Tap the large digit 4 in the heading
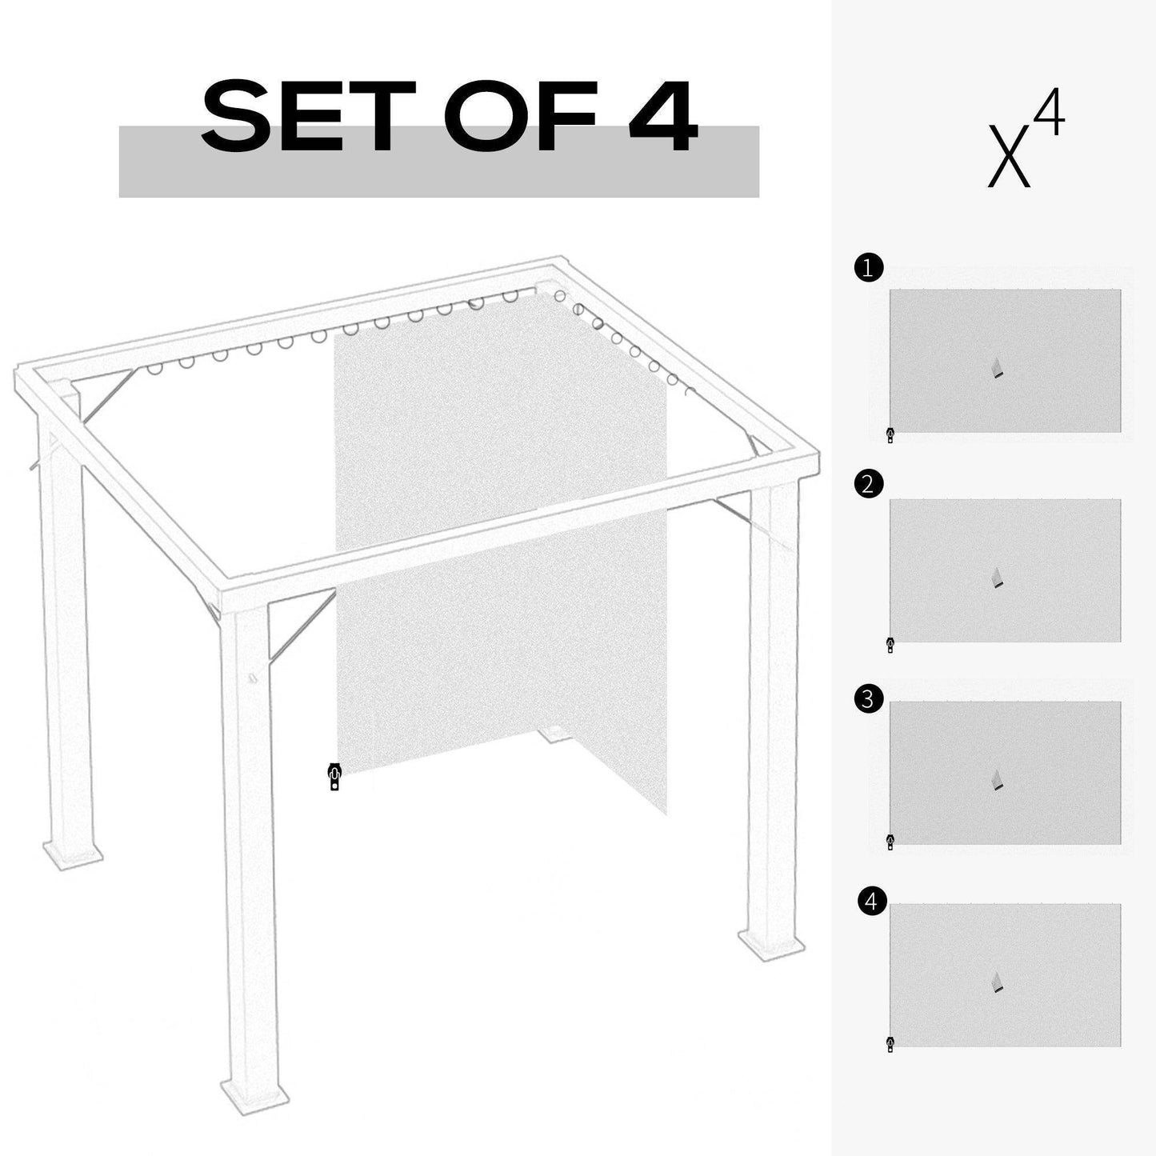click(661, 117)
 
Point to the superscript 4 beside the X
click(1049, 114)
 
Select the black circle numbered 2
click(869, 484)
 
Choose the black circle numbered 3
click(869, 699)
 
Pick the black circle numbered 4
click(871, 902)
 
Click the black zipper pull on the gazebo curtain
click(334, 776)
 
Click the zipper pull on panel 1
click(890, 435)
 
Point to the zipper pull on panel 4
click(890, 1043)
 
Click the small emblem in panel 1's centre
click(997, 368)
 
